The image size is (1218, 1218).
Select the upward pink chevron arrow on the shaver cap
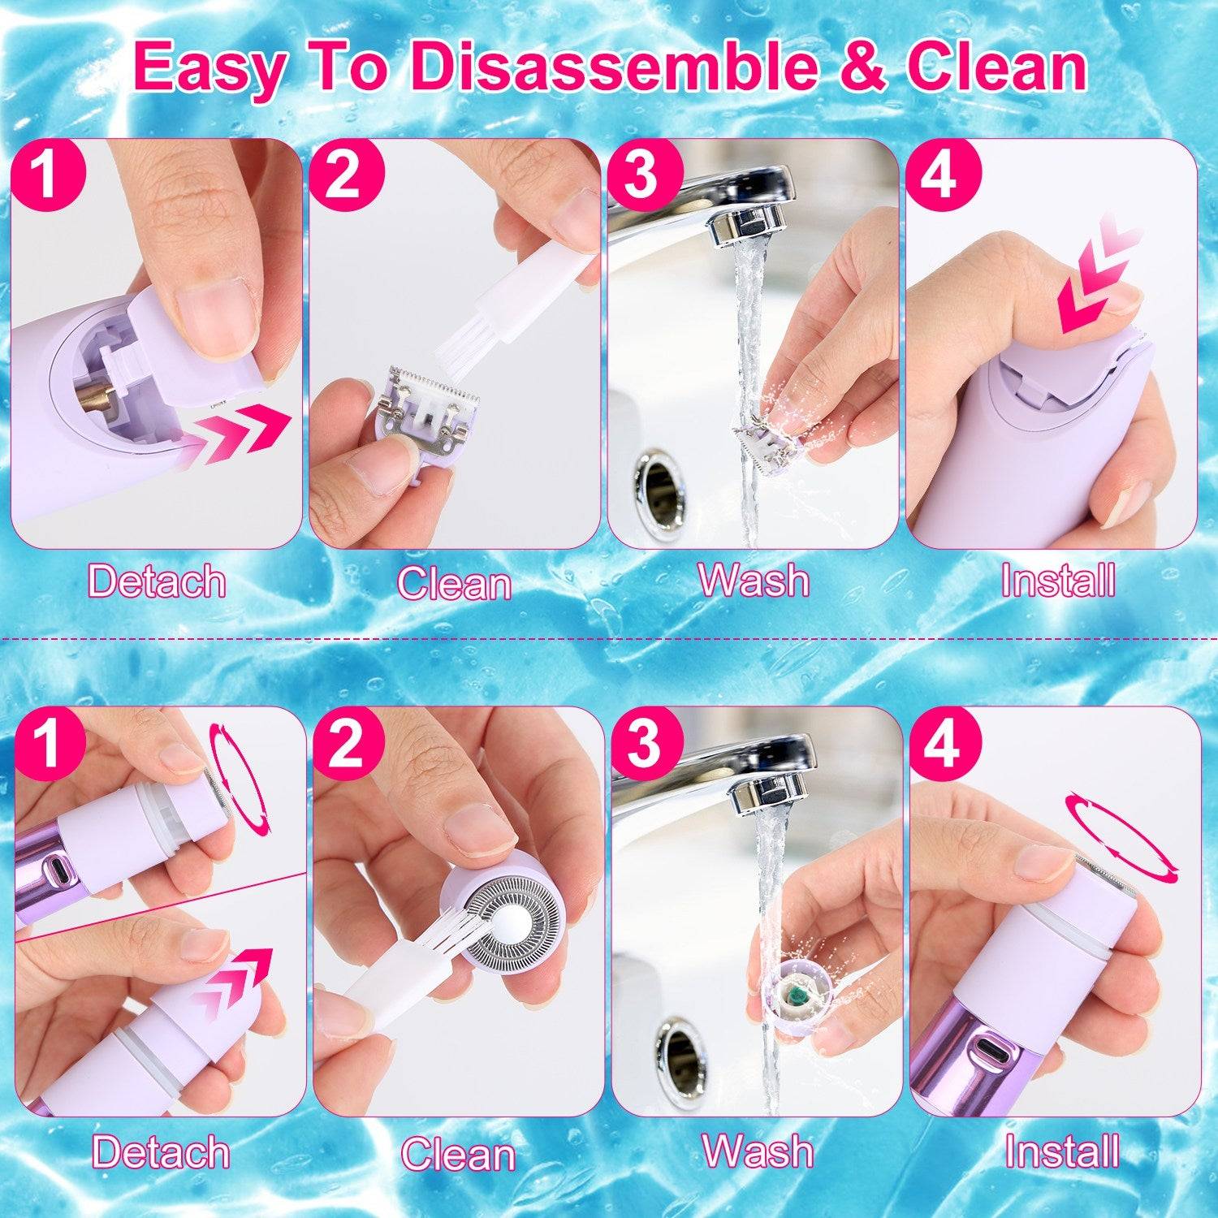pyautogui.click(x=235, y=978)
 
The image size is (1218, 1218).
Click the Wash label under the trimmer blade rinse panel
pyautogui.click(x=754, y=581)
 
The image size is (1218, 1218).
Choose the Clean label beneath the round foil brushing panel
pyautogui.click(x=458, y=1154)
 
